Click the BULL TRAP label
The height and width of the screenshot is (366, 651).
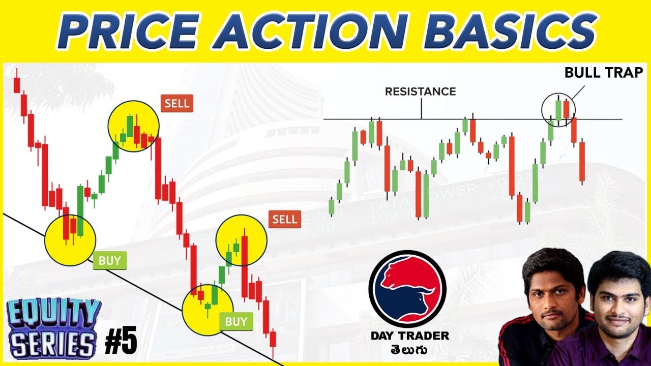point(604,73)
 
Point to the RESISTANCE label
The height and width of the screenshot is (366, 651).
point(420,91)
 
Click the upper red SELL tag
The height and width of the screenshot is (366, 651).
point(176,104)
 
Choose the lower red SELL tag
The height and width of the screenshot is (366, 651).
point(284,220)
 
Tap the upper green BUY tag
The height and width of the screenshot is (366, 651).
point(110,261)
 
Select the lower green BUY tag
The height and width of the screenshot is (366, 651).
point(236,321)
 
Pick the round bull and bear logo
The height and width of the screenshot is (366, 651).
point(407,288)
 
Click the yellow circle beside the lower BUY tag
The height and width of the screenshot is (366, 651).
point(208,310)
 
